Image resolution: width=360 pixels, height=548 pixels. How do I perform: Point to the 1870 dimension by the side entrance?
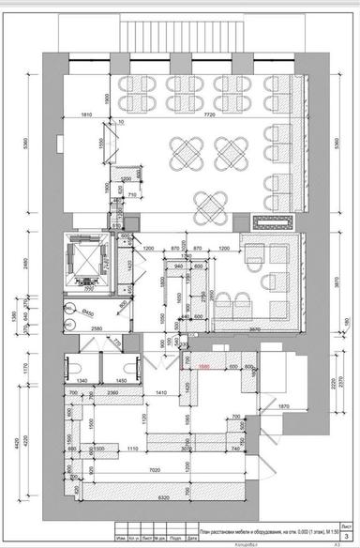click(x=280, y=406)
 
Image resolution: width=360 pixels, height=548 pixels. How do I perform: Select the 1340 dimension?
click(x=82, y=381)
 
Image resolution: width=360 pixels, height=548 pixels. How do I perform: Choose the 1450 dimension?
click(x=120, y=381)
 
